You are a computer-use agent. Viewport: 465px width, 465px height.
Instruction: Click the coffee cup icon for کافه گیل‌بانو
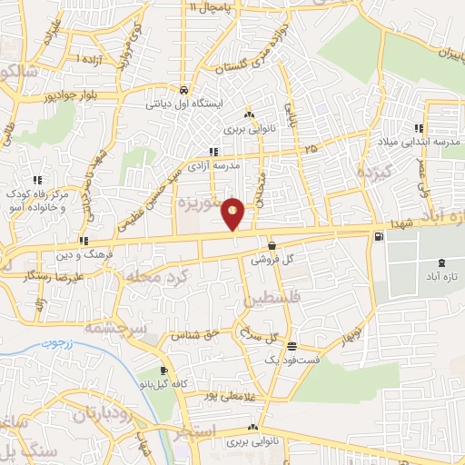164,371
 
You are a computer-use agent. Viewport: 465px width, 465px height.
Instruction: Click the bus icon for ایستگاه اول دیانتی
183,90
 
